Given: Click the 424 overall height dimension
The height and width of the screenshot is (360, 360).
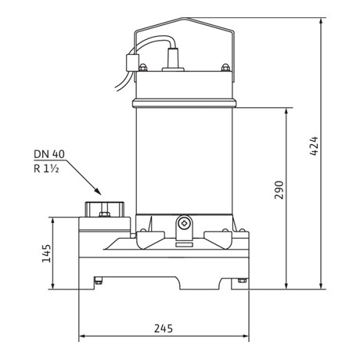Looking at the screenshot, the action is click(314, 146).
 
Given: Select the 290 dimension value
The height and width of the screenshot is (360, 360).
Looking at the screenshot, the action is click(279, 190).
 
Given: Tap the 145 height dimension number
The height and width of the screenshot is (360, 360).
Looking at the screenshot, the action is click(46, 254).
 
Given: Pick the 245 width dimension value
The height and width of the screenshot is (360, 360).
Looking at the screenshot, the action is click(164, 329).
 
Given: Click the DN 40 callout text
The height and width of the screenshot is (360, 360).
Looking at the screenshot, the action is click(49, 154).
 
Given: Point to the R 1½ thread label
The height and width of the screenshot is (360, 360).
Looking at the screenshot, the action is click(46, 169).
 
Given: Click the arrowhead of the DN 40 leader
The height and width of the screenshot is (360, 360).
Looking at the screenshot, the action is click(98, 191).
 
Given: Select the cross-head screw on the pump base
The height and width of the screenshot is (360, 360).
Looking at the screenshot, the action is click(184, 224).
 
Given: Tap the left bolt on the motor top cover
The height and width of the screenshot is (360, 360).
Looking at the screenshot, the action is click(142, 67).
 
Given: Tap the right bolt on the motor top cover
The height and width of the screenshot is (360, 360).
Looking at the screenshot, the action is click(225, 67).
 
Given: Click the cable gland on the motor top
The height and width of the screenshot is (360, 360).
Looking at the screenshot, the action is click(173, 59).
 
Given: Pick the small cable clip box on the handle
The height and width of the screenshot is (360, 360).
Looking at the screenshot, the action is click(131, 63).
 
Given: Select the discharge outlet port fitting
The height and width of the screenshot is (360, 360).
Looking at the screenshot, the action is click(104, 209).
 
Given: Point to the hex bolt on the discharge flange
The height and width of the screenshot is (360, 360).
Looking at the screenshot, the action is click(104, 214).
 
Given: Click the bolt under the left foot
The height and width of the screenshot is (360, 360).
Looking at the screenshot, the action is click(98, 280).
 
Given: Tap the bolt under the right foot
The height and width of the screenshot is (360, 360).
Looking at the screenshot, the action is click(242, 280).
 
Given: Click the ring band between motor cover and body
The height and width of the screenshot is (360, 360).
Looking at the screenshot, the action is click(184, 103).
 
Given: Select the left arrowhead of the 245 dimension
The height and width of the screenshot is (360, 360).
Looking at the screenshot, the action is click(82, 336).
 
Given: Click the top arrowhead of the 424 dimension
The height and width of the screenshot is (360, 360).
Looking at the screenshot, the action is click(321, 21).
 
